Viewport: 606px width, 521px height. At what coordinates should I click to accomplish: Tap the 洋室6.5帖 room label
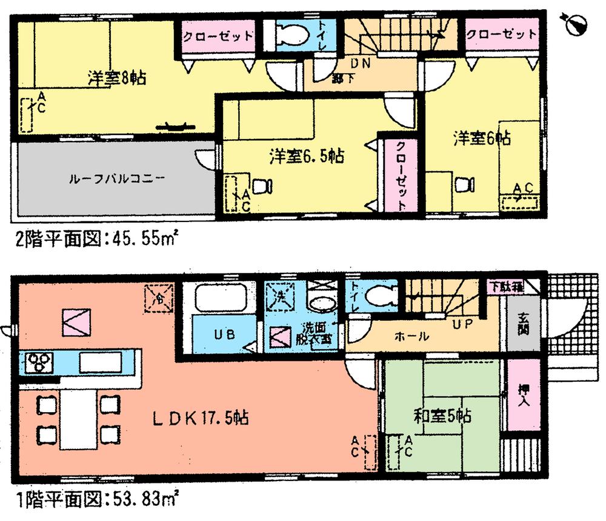coord(307,156)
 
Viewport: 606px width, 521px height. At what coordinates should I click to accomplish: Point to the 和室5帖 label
coord(443,416)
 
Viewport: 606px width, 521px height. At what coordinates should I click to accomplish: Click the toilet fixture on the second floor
coord(290,35)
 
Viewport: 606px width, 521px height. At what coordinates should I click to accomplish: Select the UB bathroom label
coord(221,335)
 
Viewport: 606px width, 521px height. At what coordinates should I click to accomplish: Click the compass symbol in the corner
coord(574,23)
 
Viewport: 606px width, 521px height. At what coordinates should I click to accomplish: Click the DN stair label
coord(355,62)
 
